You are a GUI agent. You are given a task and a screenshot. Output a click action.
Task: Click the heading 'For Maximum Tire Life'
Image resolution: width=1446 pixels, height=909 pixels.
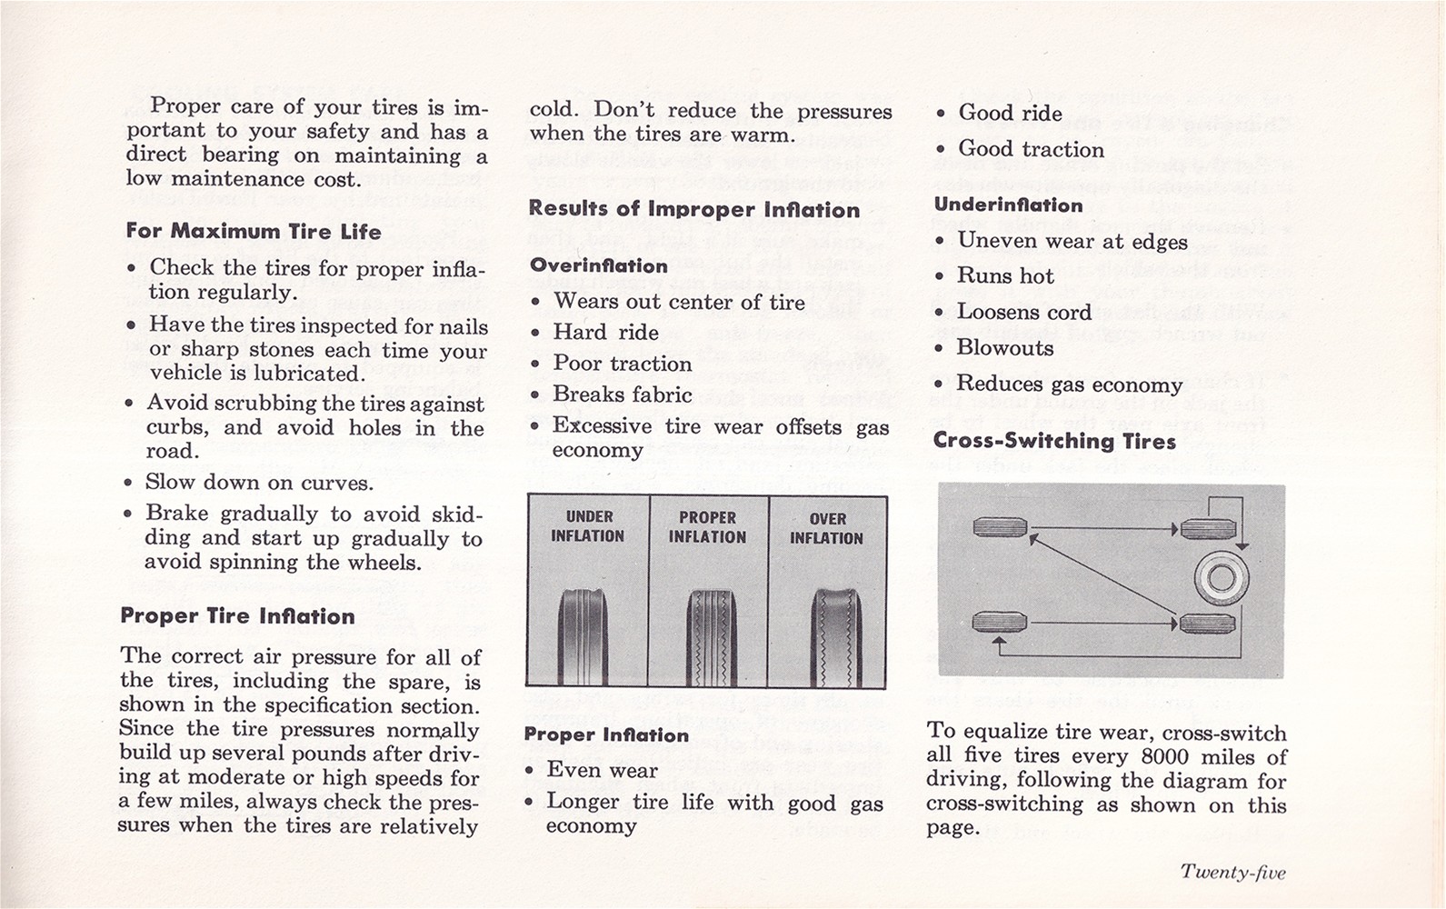click(x=254, y=231)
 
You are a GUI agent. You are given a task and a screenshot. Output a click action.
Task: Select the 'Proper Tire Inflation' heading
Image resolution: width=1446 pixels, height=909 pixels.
click(x=237, y=616)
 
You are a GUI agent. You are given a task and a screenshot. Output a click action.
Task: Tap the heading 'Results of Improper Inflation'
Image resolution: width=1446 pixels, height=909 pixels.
click(x=693, y=209)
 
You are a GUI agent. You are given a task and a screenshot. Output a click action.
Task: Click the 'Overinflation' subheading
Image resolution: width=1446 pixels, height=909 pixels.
click(x=598, y=265)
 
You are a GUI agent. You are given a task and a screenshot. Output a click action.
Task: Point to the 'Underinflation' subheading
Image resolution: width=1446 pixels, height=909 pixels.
click(x=1008, y=205)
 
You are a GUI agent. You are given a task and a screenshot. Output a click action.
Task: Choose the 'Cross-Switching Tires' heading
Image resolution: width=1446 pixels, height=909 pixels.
click(x=1054, y=441)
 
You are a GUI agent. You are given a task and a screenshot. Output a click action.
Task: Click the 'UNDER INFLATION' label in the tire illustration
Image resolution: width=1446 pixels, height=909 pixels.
click(x=587, y=526)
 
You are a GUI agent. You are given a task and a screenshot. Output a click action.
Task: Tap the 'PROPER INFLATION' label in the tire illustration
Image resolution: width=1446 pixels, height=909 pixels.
click(x=707, y=526)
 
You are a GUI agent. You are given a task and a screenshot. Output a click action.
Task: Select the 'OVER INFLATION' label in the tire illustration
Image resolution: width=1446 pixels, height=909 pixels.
click(x=826, y=528)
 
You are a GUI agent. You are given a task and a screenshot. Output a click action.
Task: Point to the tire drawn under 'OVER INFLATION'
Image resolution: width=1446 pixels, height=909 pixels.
click(x=835, y=636)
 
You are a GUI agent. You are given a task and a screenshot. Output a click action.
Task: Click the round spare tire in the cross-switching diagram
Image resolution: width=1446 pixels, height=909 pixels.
click(x=1221, y=576)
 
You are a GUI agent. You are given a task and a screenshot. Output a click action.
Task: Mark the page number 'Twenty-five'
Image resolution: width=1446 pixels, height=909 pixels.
click(x=1232, y=872)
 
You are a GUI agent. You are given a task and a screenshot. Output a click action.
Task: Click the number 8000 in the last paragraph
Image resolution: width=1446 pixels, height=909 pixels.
click(x=1165, y=756)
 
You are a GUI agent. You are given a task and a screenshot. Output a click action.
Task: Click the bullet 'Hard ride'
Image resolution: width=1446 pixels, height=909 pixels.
click(x=605, y=332)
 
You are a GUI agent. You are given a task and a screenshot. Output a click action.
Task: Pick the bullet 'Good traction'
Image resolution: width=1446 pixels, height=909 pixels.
click(x=1031, y=149)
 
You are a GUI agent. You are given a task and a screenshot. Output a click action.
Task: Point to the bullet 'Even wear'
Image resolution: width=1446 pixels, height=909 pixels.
click(x=602, y=770)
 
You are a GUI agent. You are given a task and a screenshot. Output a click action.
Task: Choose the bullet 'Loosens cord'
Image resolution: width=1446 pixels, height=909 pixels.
click(x=1023, y=312)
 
